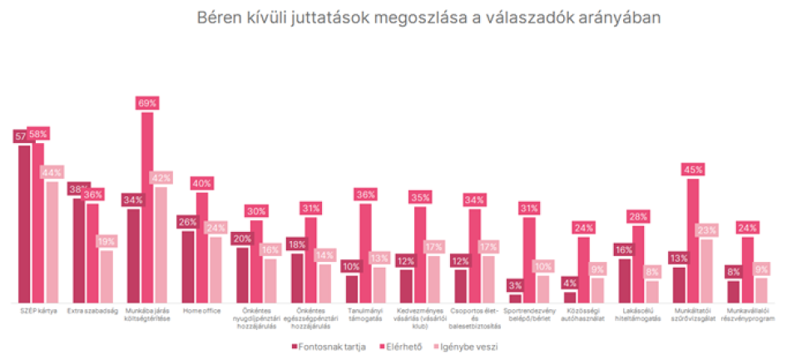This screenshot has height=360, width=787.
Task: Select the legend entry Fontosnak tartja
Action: [x=329, y=347]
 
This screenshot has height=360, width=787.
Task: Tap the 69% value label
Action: [x=146, y=103]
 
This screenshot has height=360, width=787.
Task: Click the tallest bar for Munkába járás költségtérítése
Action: [x=146, y=208]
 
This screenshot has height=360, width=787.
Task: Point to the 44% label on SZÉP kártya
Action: [x=52, y=172]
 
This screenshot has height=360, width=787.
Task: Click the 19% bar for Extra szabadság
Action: [x=106, y=276]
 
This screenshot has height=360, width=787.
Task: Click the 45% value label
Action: [x=692, y=170]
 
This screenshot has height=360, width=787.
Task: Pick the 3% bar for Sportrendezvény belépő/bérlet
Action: [x=515, y=298]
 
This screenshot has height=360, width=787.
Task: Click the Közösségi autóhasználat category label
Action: [x=582, y=317]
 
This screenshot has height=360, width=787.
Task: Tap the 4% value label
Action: [x=569, y=282]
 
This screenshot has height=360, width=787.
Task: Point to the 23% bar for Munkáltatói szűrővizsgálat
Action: [x=706, y=271]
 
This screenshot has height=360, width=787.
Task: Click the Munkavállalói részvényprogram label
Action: [x=746, y=317]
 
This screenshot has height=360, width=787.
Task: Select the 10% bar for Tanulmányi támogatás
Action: [x=352, y=288]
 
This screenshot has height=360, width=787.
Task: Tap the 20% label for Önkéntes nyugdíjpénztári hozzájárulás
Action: [x=242, y=239]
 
